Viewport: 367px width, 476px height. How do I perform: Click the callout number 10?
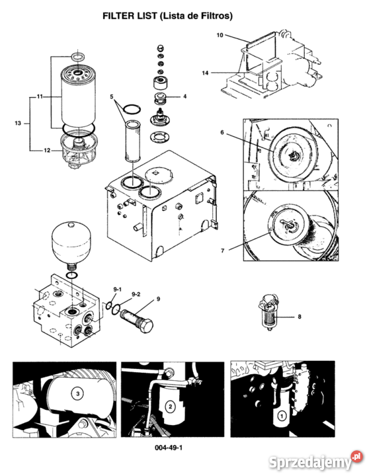tap(220, 35)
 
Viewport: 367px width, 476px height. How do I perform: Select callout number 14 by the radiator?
tap(206, 73)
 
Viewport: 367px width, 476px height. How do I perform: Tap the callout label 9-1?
tap(118, 290)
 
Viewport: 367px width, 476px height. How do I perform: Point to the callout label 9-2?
tap(136, 294)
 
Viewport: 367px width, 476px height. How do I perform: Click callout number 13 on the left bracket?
tap(18, 123)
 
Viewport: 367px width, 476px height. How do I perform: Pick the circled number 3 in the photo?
tap(78, 394)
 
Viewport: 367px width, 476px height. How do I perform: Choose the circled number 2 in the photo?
tap(171, 407)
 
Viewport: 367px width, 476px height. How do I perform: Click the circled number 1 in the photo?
tap(282, 416)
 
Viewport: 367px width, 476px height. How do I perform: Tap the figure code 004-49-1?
tap(169, 448)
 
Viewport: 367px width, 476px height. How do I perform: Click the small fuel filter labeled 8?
tap(269, 313)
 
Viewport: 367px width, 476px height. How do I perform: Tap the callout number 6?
tap(222, 133)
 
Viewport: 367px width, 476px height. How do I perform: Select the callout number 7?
tap(222, 251)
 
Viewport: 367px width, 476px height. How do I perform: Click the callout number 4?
tap(185, 97)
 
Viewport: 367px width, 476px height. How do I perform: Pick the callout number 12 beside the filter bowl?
tap(47, 150)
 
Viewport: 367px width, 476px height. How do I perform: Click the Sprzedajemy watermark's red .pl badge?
tap(357, 457)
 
